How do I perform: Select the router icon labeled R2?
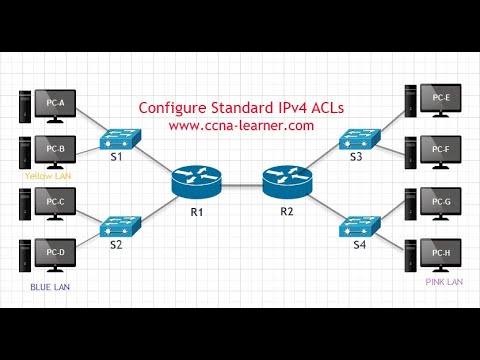[x=284, y=181]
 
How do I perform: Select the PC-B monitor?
[x=56, y=151]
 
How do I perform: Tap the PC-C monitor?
[x=56, y=204]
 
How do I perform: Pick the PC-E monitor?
[x=440, y=99]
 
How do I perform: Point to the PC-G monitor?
[x=440, y=204]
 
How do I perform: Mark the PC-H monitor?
[x=440, y=254]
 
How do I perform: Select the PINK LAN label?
[x=443, y=283]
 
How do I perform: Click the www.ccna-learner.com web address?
[x=241, y=125]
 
